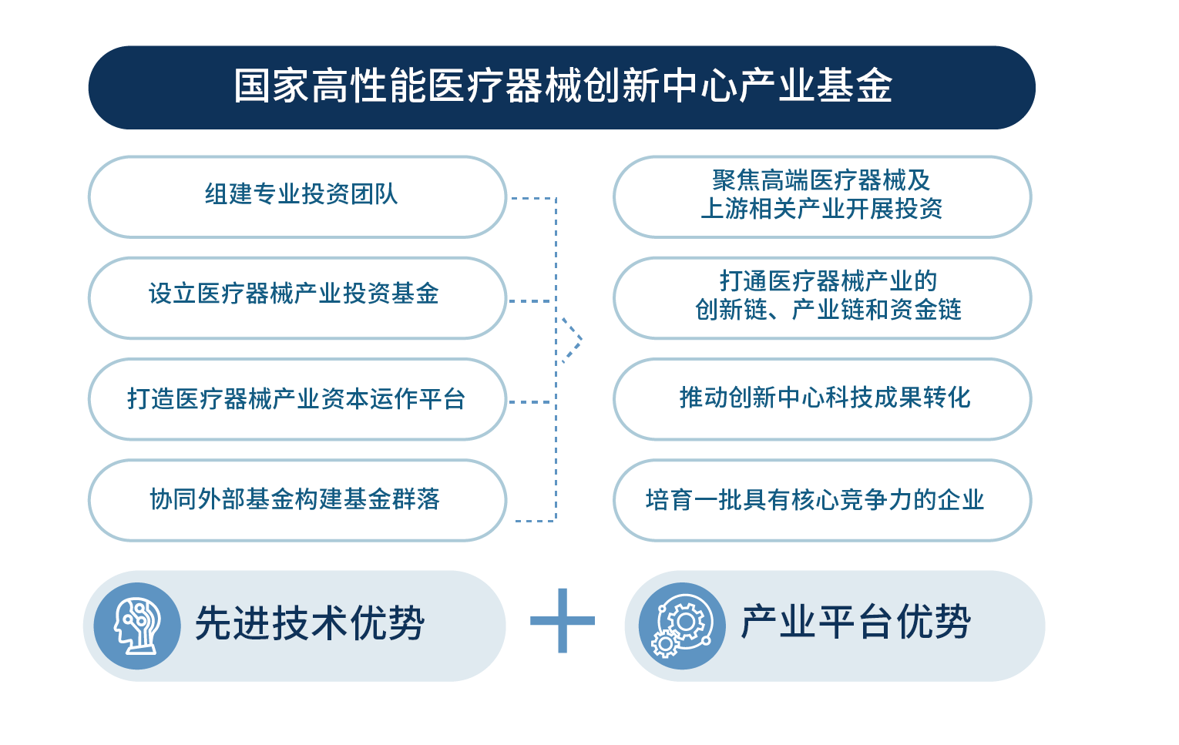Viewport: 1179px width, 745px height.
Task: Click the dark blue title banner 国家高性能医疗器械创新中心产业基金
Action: pyautogui.click(x=561, y=87)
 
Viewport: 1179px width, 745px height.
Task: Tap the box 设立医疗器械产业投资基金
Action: pyautogui.click(x=297, y=297)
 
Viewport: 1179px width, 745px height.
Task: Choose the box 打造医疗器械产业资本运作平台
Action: pyautogui.click(x=297, y=399)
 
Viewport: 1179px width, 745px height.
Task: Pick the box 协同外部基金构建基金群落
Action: pyautogui.click(x=297, y=500)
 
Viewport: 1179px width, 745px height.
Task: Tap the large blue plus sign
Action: pyautogui.click(x=563, y=620)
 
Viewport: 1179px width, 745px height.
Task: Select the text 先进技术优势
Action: pyautogui.click(x=310, y=623)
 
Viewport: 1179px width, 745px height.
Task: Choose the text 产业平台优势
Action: pyautogui.click(x=855, y=622)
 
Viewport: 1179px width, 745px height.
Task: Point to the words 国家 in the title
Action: pyautogui.click(x=272, y=86)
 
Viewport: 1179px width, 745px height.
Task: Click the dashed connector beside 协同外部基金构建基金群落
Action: pyautogui.click(x=534, y=521)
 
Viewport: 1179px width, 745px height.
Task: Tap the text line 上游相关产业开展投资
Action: pyautogui.click(x=821, y=209)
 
